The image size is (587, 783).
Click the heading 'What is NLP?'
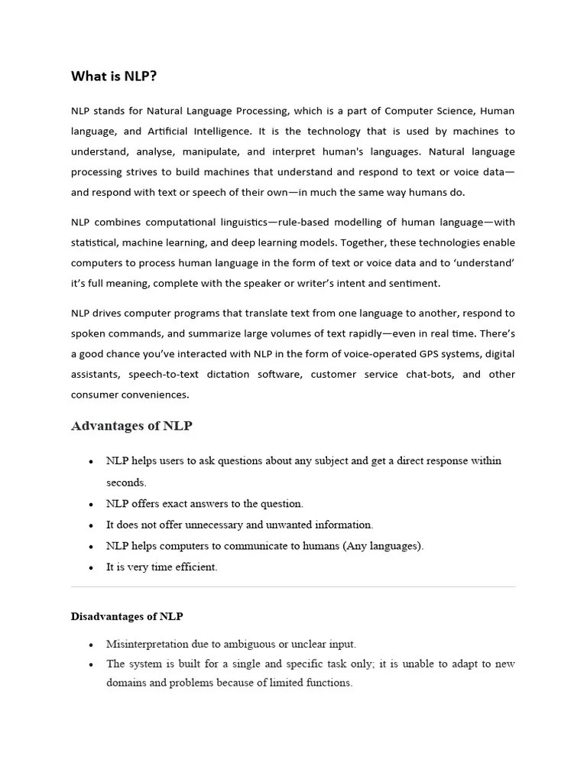(114, 76)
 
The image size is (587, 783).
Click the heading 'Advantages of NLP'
(131, 426)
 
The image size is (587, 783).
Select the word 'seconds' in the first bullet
(125, 482)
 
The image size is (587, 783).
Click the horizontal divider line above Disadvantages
(293, 586)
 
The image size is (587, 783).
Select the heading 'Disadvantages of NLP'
(127, 616)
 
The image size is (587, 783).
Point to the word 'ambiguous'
(242, 644)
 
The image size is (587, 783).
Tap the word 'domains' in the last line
(126, 683)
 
